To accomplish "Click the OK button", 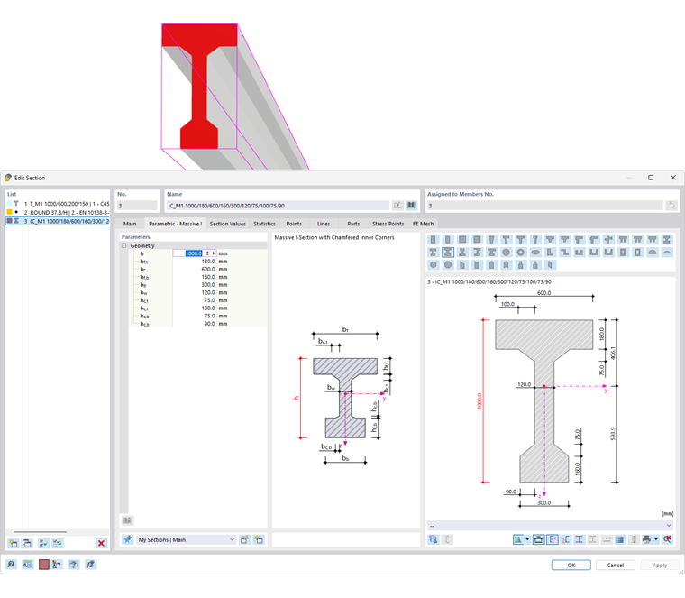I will click(x=571, y=565).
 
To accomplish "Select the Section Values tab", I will click(x=227, y=224).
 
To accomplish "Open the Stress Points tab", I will click(x=388, y=224).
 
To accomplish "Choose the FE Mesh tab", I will click(x=423, y=224).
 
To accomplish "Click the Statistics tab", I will click(x=264, y=224).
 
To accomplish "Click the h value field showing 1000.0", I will click(x=192, y=253).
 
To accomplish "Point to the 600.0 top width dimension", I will click(x=543, y=292).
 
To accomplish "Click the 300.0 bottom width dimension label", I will click(x=543, y=501).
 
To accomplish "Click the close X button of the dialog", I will click(x=672, y=178).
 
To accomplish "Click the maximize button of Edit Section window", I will click(x=651, y=178).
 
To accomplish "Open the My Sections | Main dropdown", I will click(x=232, y=539).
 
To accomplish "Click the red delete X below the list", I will click(x=101, y=543).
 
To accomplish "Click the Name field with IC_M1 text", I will click(x=277, y=206).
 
